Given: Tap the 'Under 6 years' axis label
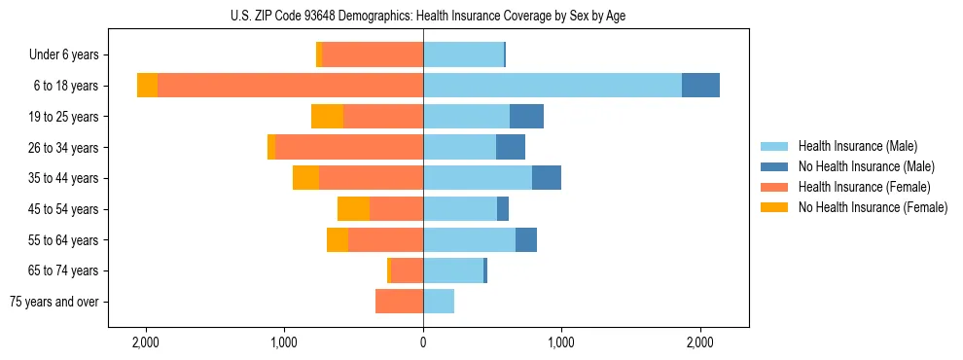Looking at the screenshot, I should coord(70,55).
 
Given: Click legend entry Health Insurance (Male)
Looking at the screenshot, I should coord(857,146).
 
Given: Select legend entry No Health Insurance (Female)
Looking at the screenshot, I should coord(873,207).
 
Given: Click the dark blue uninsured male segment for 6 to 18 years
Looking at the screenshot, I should coord(700,86).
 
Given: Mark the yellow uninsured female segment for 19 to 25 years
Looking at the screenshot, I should coord(327,117).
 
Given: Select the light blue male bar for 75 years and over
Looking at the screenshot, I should coord(439,302).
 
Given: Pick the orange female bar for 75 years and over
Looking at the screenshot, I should coord(399,302).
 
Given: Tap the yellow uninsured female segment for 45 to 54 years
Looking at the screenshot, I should coord(353,209).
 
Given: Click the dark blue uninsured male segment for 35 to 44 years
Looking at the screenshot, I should coord(547,178).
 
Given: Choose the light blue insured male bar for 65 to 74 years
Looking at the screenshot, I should coord(453,270).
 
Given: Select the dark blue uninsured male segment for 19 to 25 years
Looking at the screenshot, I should coord(526,117).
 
